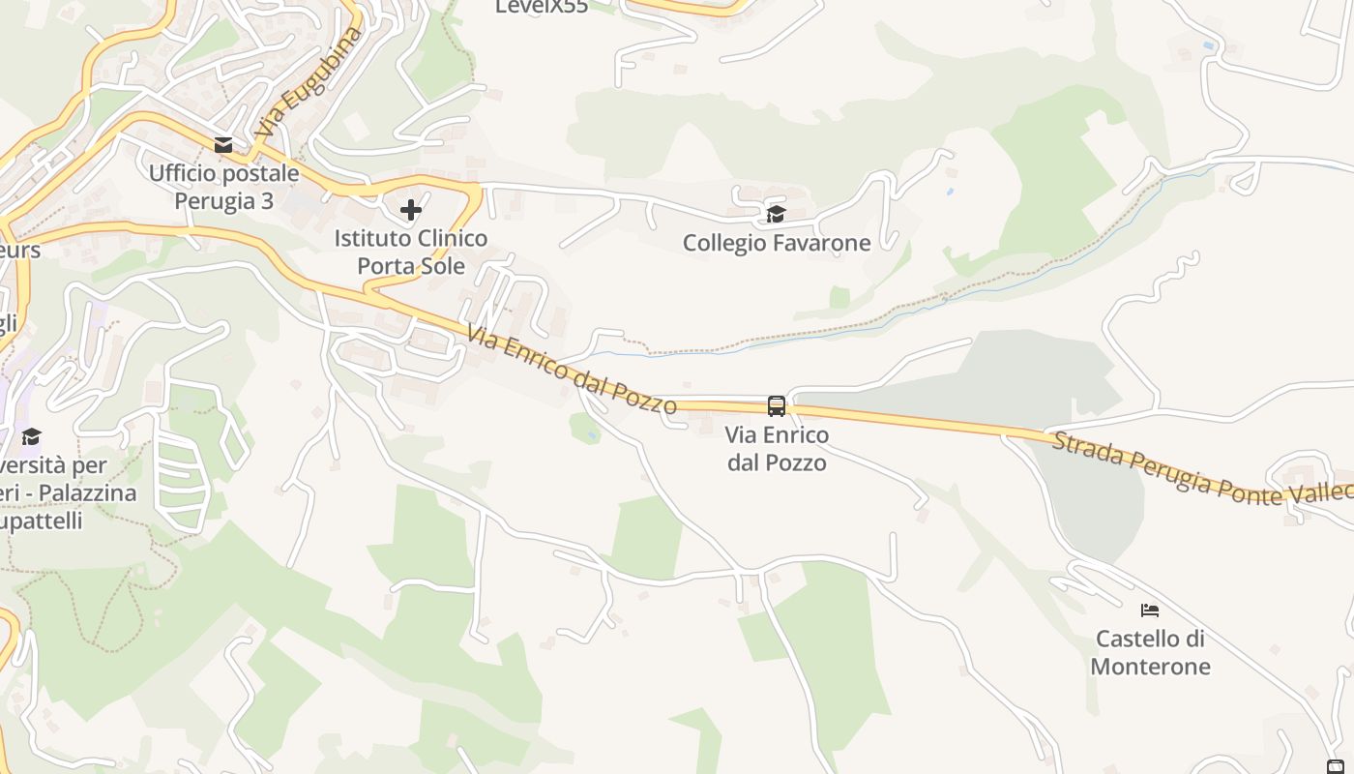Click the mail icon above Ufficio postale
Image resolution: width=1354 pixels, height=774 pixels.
(x=223, y=145)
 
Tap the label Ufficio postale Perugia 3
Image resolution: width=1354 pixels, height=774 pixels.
(x=223, y=187)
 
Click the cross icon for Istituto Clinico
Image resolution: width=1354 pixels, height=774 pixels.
(x=411, y=209)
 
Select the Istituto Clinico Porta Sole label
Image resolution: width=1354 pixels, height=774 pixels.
(x=411, y=252)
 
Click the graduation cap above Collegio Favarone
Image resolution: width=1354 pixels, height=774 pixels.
(x=776, y=214)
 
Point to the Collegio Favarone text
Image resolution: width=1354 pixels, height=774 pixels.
(x=777, y=243)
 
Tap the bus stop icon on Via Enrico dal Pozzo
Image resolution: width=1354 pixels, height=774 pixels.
(x=777, y=406)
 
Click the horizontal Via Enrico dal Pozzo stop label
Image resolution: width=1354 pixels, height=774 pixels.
(x=777, y=449)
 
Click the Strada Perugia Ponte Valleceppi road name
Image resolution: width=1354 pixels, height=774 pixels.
(x=1199, y=471)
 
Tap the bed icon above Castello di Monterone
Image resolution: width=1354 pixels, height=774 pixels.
(x=1150, y=610)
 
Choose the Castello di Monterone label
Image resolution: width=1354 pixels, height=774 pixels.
(x=1150, y=652)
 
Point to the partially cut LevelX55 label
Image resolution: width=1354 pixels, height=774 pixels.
(x=542, y=7)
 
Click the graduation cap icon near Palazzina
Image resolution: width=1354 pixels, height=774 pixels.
(x=32, y=436)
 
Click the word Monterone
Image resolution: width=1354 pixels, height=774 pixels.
(x=1150, y=667)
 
